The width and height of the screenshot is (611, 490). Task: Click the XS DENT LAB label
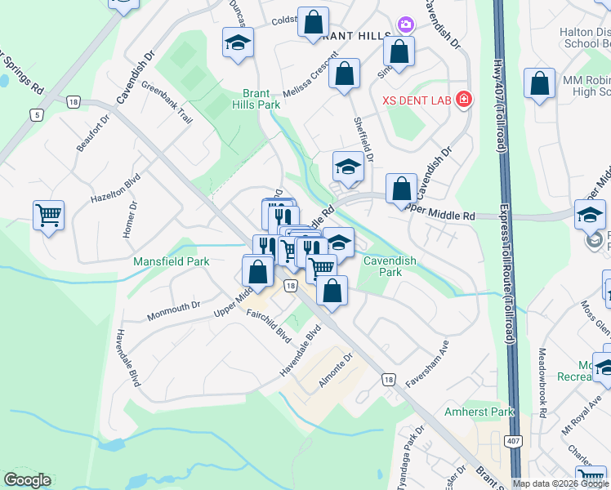pyautogui.click(x=417, y=100)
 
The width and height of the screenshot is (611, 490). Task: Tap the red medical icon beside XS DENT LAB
pyautogui.click(x=464, y=100)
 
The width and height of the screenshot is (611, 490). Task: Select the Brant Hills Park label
pyautogui.click(x=261, y=99)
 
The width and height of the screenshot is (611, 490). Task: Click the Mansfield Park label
pyautogui.click(x=172, y=261)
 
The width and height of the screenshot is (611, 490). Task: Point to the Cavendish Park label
pyautogui.click(x=390, y=265)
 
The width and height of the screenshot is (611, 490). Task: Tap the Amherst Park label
pyautogui.click(x=479, y=412)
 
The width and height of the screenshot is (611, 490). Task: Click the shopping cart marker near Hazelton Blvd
pyautogui.click(x=48, y=216)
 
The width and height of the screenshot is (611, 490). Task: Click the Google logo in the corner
pyautogui.click(x=27, y=480)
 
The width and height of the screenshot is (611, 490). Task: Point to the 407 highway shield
pyautogui.click(x=513, y=463)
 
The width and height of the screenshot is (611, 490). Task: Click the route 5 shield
pyautogui.click(x=36, y=115)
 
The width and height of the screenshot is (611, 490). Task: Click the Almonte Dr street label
pyautogui.click(x=336, y=370)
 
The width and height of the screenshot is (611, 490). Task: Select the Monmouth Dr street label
pyautogui.click(x=173, y=310)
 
